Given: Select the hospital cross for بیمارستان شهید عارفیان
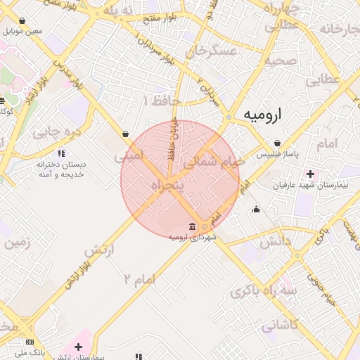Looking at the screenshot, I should click(x=310, y=173).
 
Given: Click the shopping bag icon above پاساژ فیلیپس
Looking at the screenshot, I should click(x=278, y=142).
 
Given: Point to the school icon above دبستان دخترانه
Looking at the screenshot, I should click(x=60, y=152).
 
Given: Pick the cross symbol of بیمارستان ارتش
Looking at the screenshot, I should click(x=78, y=347).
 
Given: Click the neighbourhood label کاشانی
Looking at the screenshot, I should click(x=280, y=326).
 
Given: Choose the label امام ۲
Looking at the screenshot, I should click(x=139, y=280).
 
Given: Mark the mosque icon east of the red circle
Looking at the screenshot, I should click(x=256, y=208).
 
